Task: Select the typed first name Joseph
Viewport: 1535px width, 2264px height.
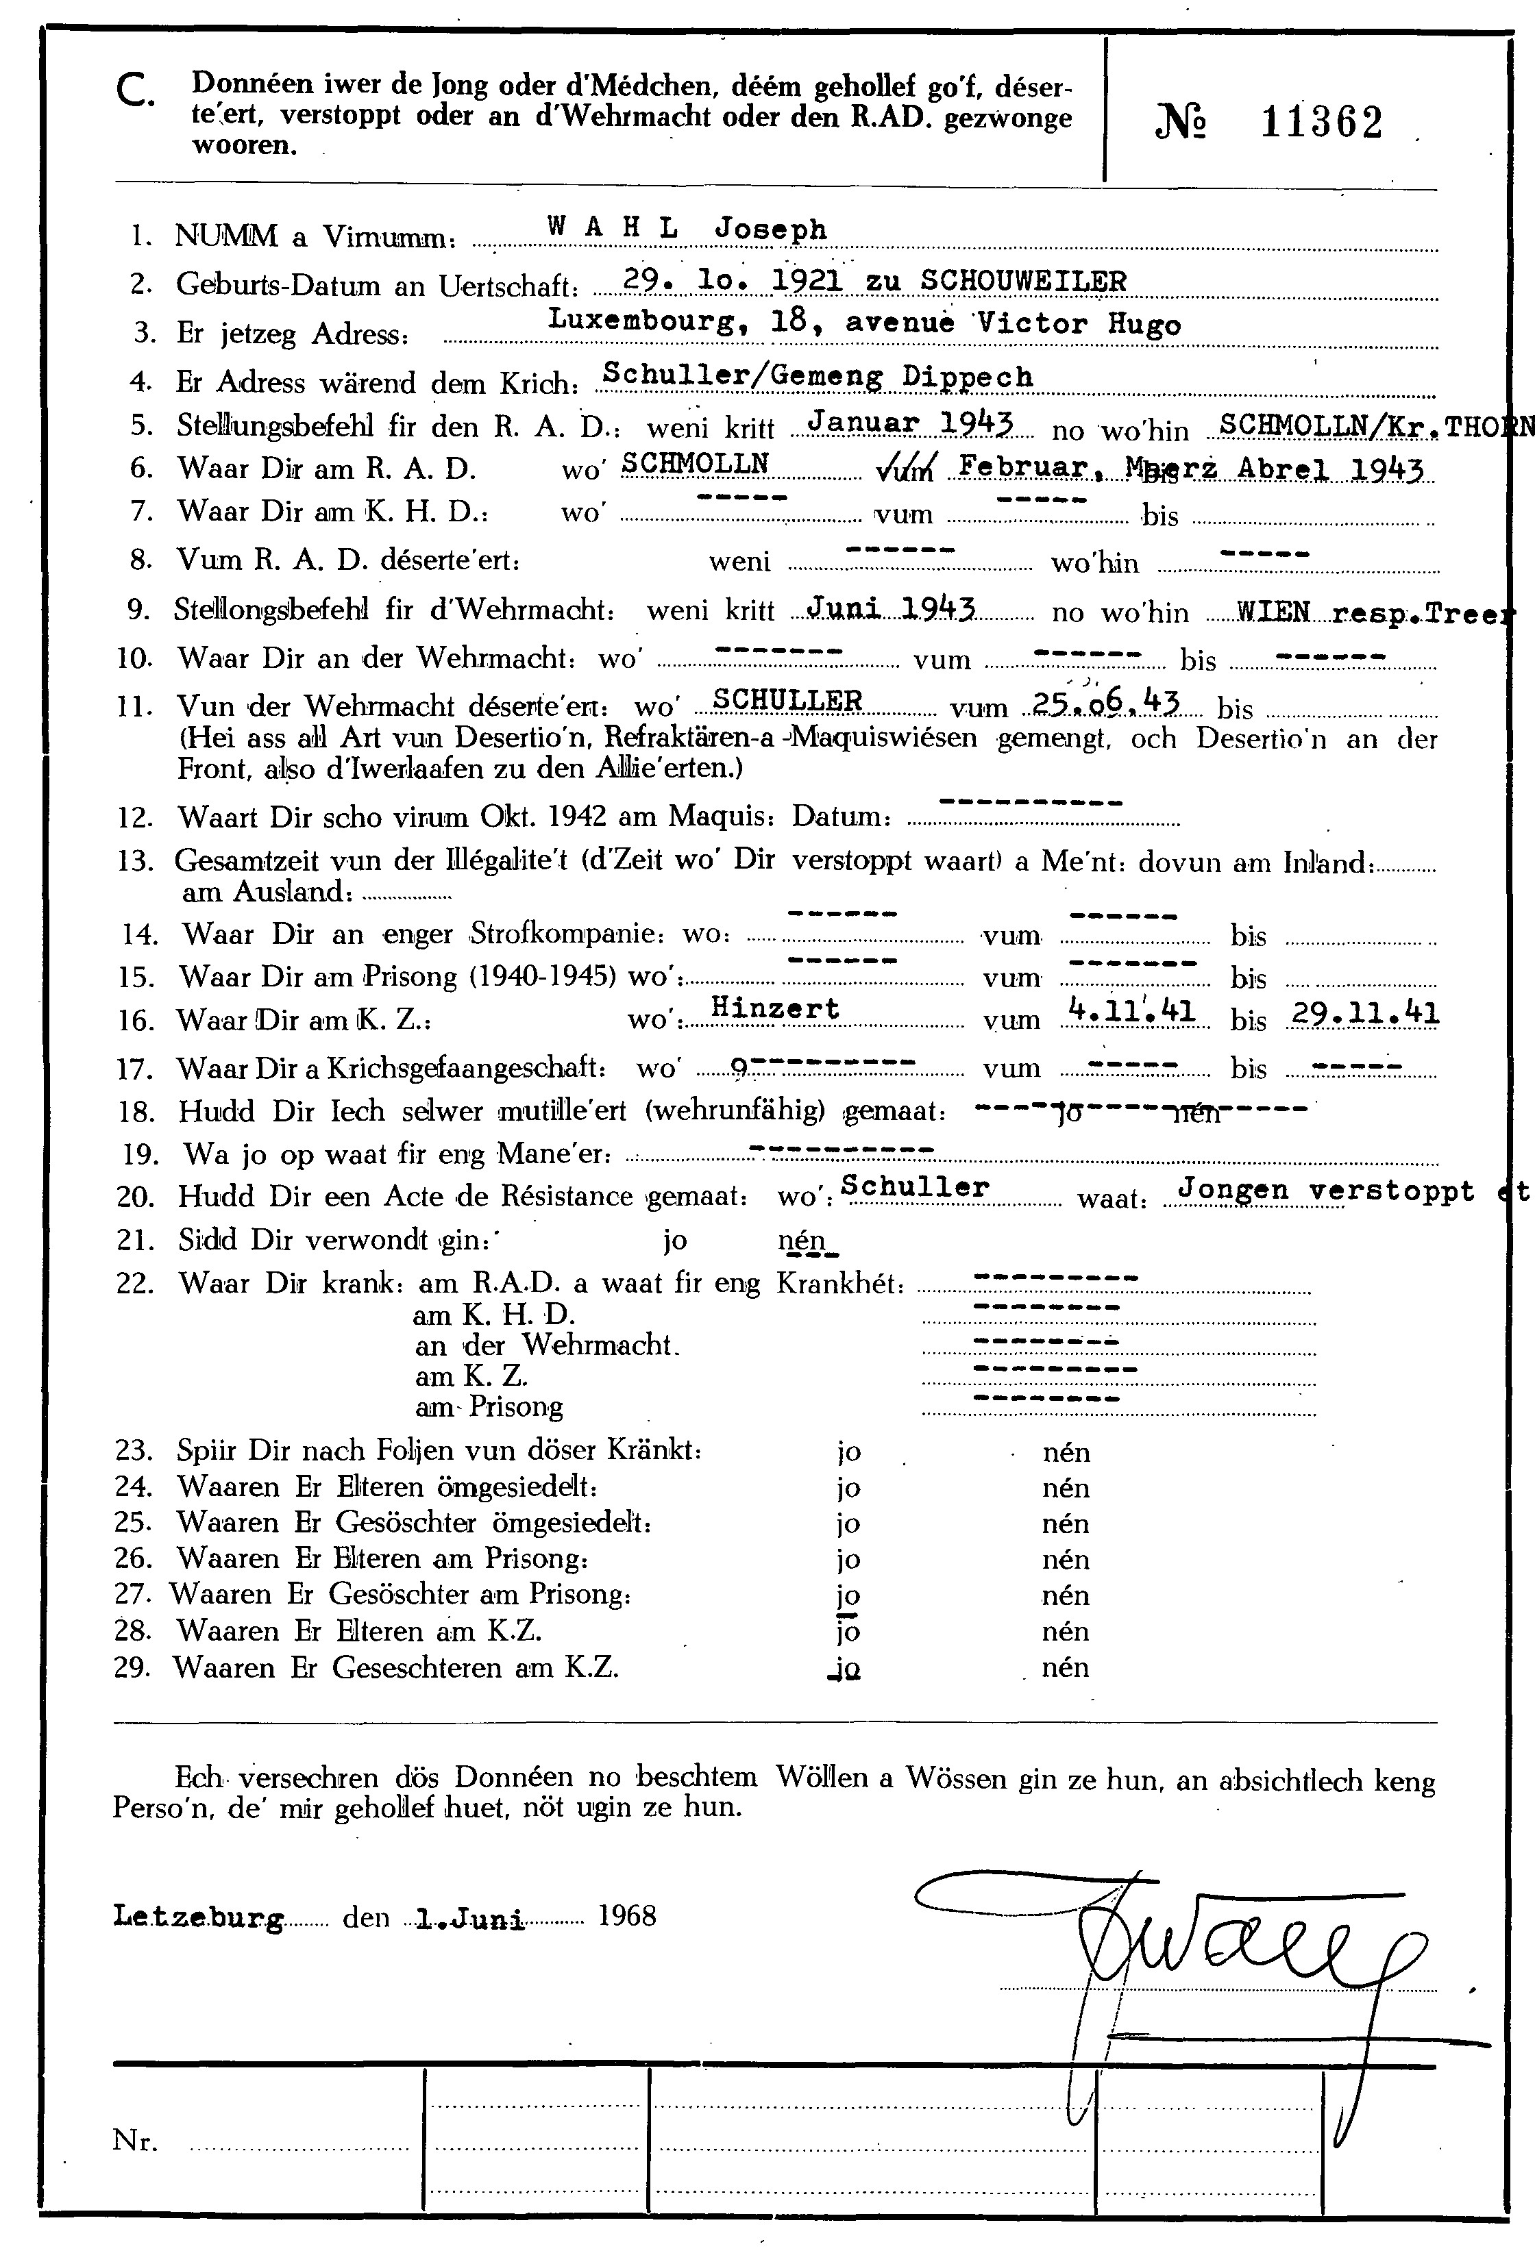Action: coord(771,230)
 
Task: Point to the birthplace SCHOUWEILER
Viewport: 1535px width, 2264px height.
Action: coord(1022,281)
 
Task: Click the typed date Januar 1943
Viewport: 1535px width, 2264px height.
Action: coord(911,423)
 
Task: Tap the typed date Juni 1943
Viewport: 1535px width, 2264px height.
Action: coord(892,609)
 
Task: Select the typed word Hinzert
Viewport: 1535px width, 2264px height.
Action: coord(775,1008)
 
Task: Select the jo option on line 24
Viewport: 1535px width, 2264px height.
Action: coord(849,1489)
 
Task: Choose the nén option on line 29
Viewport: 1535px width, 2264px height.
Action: coord(1065,1667)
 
